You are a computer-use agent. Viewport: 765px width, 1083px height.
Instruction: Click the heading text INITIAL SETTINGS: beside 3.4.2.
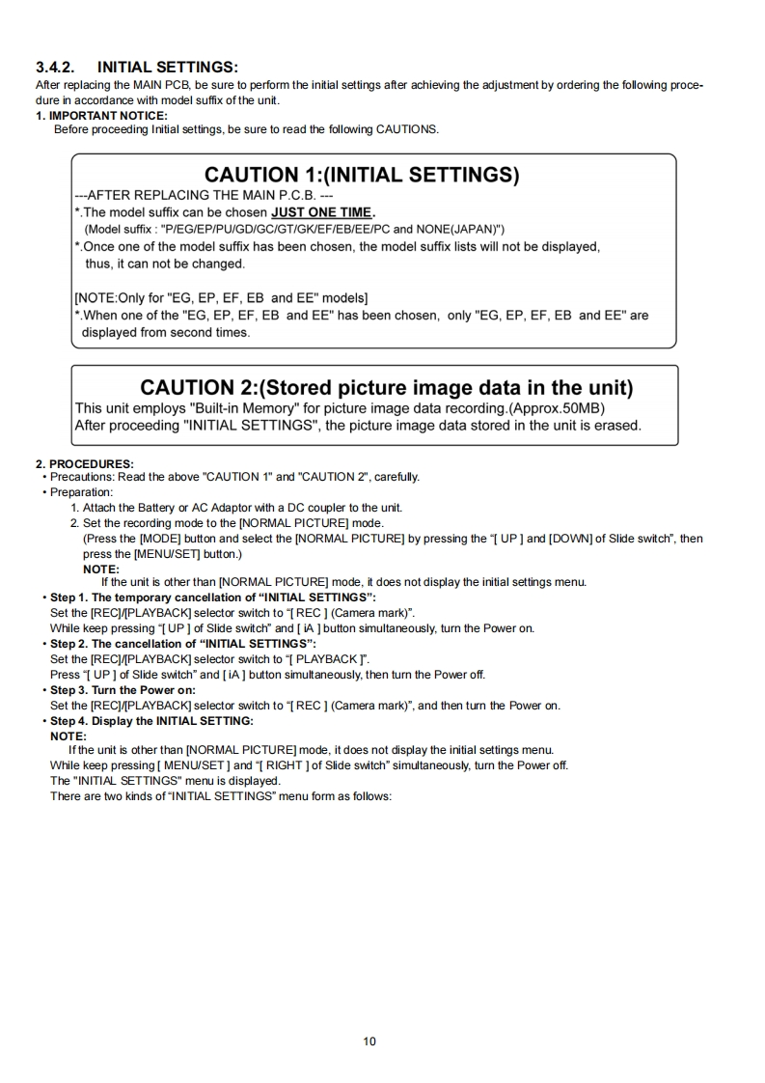point(168,68)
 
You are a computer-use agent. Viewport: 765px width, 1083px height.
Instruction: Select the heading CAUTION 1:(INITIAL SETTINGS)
point(362,176)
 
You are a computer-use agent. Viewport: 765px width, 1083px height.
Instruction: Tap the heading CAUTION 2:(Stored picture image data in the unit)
point(386,388)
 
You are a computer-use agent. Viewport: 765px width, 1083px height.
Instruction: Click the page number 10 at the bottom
point(370,1041)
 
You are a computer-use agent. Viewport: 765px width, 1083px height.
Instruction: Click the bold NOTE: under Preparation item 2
point(101,569)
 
